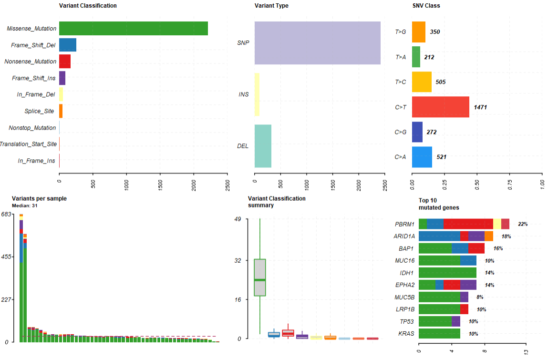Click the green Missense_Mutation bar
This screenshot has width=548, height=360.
(x=134, y=29)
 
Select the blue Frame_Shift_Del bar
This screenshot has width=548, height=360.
(x=68, y=45)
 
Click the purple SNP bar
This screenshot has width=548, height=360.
(x=318, y=43)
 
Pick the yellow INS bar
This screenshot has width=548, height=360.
(x=257, y=94)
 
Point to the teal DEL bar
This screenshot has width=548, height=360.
(x=263, y=146)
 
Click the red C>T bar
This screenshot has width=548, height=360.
(x=440, y=107)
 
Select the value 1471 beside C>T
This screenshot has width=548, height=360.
(x=481, y=107)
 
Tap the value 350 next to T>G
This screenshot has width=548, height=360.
(x=435, y=32)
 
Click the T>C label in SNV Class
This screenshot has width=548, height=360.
(x=401, y=82)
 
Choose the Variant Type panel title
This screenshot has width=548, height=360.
(x=271, y=6)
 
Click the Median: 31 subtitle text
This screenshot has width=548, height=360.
(x=24, y=206)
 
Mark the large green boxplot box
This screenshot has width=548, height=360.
(x=260, y=278)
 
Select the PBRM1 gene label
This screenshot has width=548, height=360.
(x=404, y=224)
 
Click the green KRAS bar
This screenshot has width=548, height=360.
(x=439, y=333)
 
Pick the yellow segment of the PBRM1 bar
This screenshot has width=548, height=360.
(x=497, y=224)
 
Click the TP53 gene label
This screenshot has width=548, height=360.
(x=406, y=321)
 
